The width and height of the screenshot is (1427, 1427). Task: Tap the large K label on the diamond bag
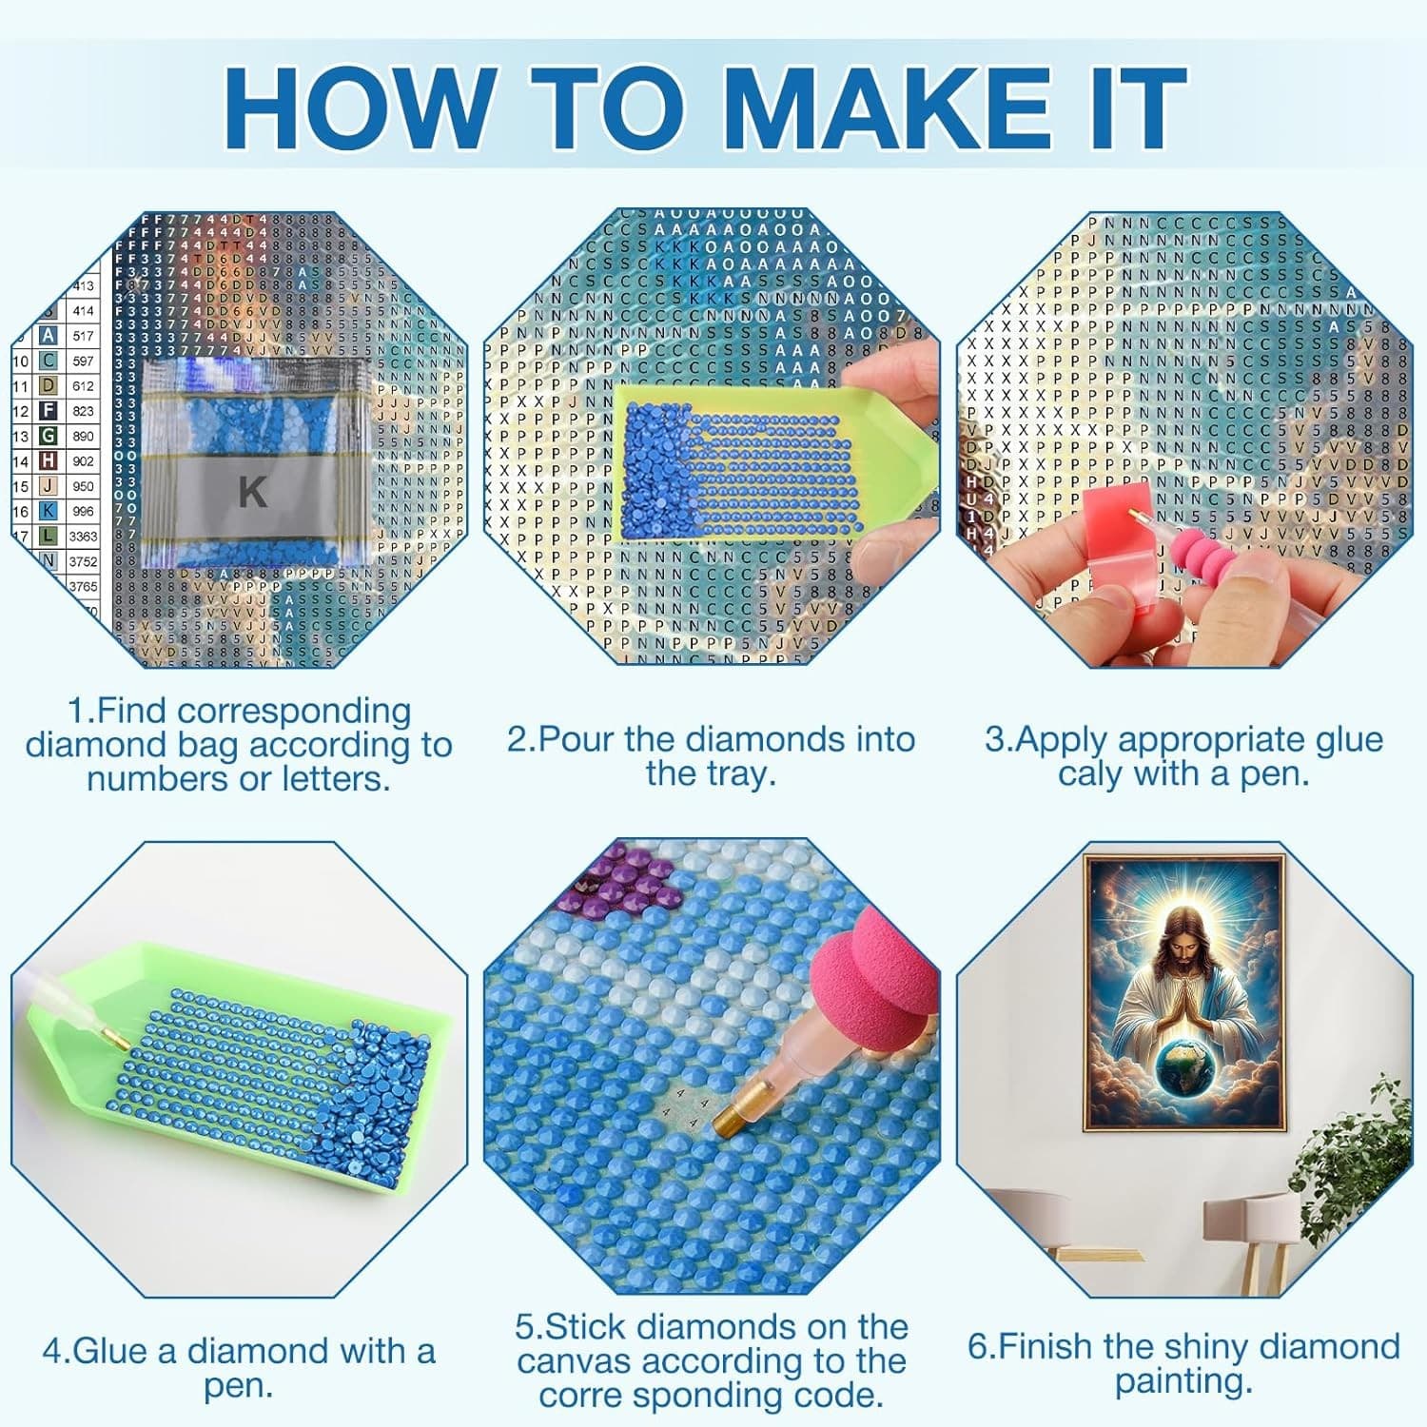coord(252,492)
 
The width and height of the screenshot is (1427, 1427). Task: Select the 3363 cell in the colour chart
coord(83,537)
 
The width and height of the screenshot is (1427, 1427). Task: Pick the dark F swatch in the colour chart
coord(48,411)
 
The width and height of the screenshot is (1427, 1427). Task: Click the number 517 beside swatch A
coord(83,336)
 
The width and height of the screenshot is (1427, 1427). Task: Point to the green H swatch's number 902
coord(83,461)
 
